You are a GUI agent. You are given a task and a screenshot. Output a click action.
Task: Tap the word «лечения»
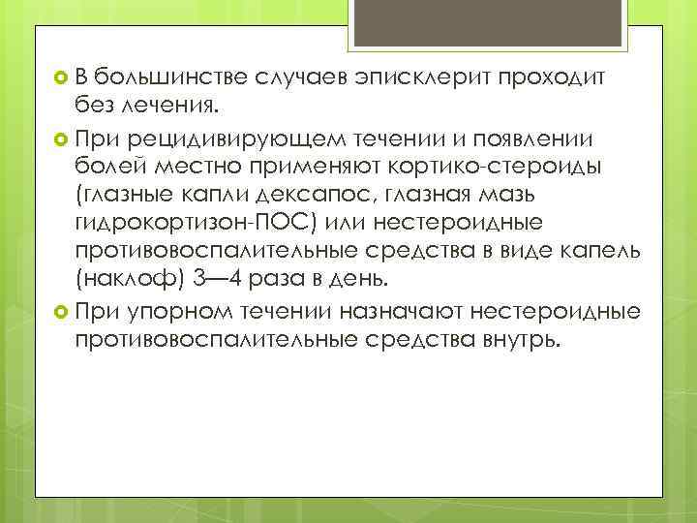(x=174, y=103)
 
